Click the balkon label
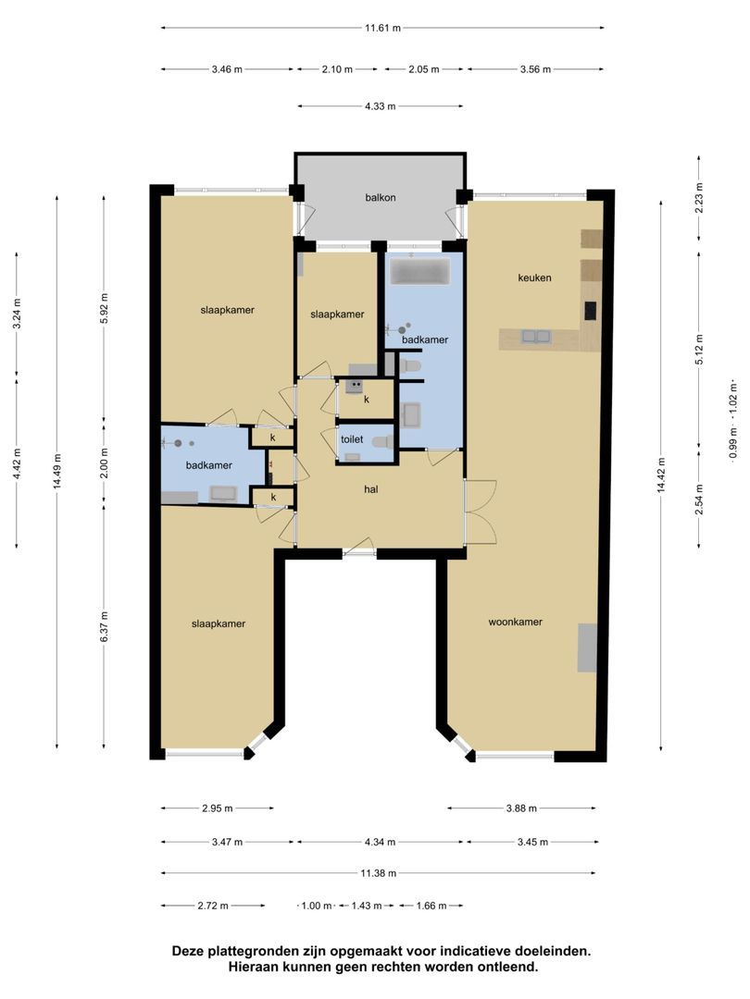point(381,198)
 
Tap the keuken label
point(534,277)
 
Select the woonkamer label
point(516,622)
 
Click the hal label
point(371,489)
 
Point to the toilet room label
point(352,439)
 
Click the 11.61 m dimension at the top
point(382,28)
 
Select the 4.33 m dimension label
point(381,106)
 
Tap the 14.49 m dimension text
point(57,472)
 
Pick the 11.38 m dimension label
point(378,873)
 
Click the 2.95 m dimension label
point(218,808)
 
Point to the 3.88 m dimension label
point(521,808)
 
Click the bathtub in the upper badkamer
point(420,272)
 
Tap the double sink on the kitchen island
point(536,337)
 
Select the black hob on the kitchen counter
point(591,311)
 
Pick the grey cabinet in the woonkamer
point(587,647)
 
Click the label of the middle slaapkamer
point(337,314)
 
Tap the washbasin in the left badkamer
point(224,493)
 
